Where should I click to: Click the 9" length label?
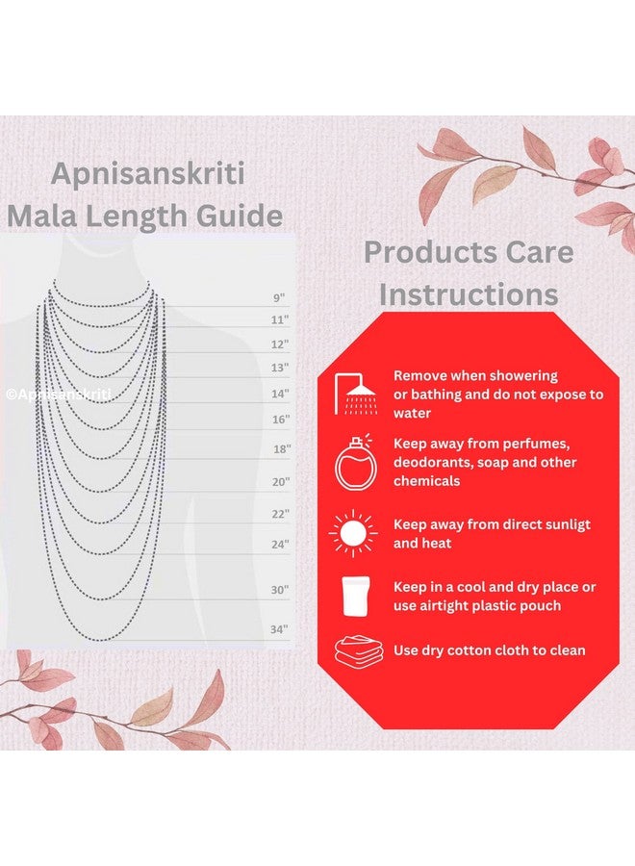coord(279,297)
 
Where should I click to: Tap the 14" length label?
coord(280,394)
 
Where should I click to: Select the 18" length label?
coord(282,449)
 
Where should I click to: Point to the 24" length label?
coord(280,545)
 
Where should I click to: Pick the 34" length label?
coord(279,629)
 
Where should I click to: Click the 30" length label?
coord(280,590)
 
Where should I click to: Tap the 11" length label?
coord(280,319)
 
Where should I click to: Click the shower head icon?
coord(356,394)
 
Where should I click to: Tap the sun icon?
coord(353,533)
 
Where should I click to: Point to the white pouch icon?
coord(356,596)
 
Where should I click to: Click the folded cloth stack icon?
coord(359,650)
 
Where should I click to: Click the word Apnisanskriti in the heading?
coord(147,175)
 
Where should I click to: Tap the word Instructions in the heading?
coord(469,293)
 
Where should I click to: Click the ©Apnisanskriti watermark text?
coord(59,395)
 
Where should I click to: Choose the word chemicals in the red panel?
coord(426,480)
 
